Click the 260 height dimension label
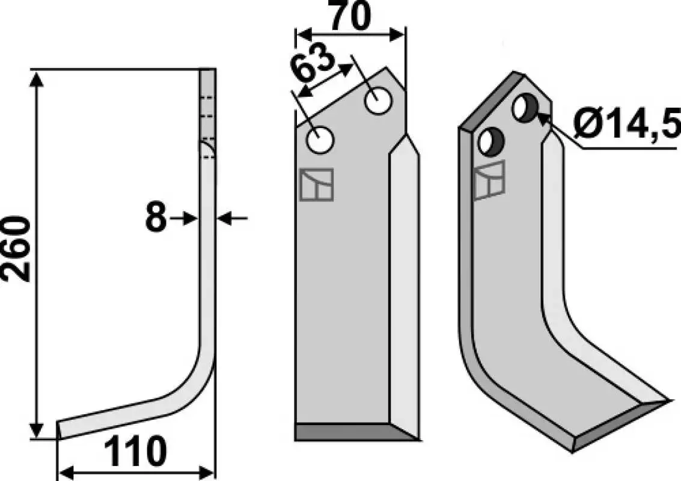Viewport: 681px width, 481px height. [17, 248]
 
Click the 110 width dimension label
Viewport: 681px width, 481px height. [135, 452]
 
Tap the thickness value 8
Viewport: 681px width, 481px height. [156, 218]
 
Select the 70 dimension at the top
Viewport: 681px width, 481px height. [351, 16]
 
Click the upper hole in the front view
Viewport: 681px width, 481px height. [379, 100]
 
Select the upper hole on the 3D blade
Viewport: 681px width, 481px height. [526, 108]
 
